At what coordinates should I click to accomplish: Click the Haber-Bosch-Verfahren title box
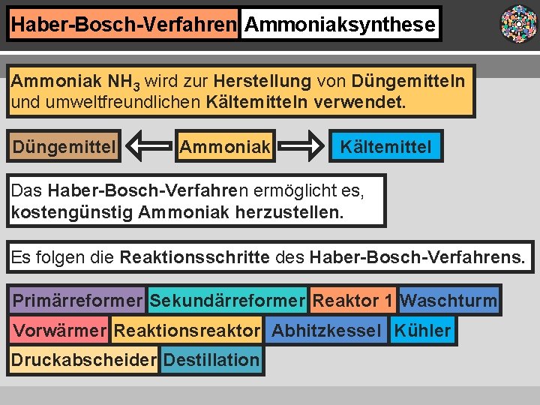(123, 24)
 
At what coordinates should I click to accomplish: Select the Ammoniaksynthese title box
(340, 24)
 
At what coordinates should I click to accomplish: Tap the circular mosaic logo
(518, 24)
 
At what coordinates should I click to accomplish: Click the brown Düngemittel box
(64, 146)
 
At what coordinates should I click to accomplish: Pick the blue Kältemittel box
(385, 146)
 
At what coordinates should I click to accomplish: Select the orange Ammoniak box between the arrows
(225, 146)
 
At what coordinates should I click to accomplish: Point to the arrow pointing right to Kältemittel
(302, 146)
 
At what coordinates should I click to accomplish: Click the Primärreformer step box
(77, 301)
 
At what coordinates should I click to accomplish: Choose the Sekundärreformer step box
(227, 301)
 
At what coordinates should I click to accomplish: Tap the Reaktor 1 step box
(352, 301)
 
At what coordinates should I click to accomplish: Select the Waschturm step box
(448, 301)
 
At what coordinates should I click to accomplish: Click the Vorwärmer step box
(60, 330)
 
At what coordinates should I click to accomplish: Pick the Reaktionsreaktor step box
(187, 330)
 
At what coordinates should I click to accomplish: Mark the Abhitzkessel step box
(326, 330)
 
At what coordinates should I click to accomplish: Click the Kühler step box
(422, 330)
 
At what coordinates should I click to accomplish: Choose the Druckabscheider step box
(83, 359)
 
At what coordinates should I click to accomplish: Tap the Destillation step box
(211, 359)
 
